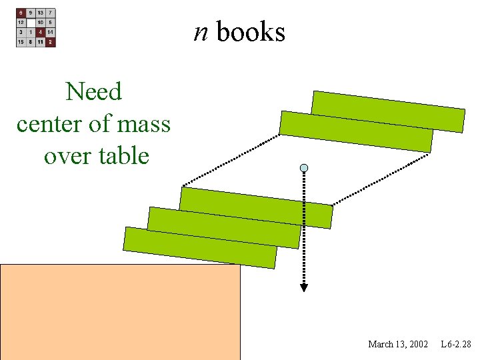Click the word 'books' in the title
pos(251,31)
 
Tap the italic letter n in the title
pos(201,31)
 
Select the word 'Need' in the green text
pos(94,91)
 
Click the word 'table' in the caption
pos(123,156)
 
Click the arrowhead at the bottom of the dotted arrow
pos(304,287)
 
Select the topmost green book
pos(388,111)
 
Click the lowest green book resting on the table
pos(200,247)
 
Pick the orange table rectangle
pos(120,312)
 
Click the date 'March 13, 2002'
pos(398,344)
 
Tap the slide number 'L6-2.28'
pos(456,344)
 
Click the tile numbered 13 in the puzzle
pos(41,13)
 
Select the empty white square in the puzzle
pos(31,23)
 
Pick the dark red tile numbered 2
pos(51,42)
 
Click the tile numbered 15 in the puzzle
pos(21,42)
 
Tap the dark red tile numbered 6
pos(21,13)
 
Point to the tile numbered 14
pos(51,32)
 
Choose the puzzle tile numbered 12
pos(21,23)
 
